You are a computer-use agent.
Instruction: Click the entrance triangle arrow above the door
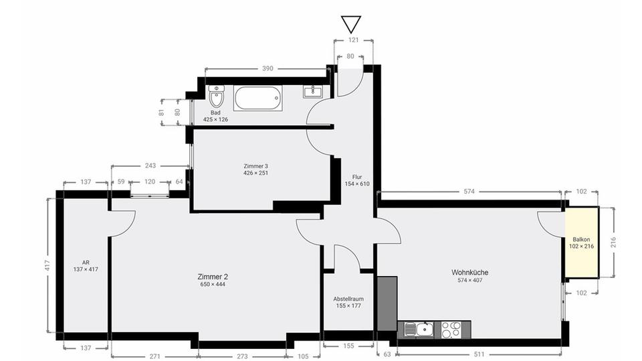tap(351, 24)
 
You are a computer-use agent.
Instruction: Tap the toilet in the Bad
tap(216, 96)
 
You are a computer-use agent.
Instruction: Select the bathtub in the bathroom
tap(258, 98)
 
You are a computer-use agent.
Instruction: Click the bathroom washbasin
tap(313, 92)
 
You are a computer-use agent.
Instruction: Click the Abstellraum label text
tap(348, 299)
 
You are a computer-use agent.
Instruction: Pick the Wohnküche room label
tap(469, 273)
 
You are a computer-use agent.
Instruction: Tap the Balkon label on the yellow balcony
tap(581, 240)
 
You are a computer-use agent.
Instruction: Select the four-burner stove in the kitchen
tap(451, 330)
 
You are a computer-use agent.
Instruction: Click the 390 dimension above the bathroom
tap(267, 68)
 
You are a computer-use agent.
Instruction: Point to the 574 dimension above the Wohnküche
tap(469, 191)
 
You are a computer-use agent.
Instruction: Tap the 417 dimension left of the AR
tap(47, 265)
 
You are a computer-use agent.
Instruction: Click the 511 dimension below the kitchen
tap(479, 354)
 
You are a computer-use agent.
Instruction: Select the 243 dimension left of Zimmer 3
tap(150, 165)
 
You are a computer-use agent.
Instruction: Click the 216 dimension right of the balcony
tap(613, 242)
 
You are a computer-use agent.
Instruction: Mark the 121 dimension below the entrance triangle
tap(353, 40)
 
